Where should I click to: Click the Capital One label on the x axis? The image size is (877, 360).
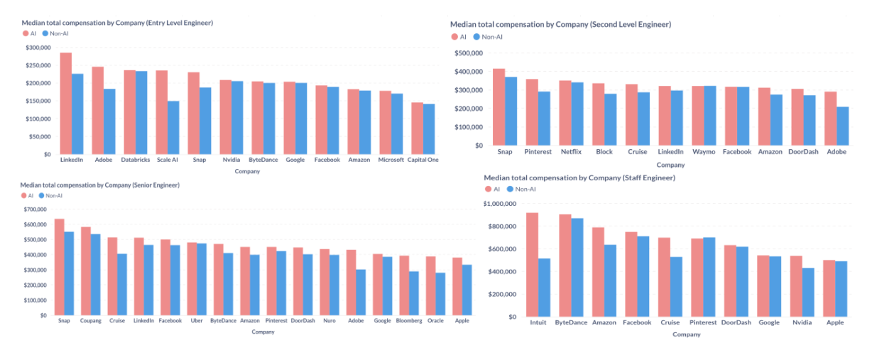423,160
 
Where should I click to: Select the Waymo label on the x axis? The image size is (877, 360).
703,151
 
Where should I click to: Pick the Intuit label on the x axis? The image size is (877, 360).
538,322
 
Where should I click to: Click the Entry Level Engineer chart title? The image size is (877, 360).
117,23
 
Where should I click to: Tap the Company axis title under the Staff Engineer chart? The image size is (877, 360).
686,334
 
